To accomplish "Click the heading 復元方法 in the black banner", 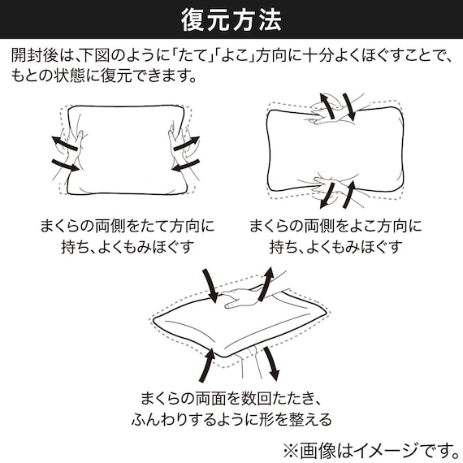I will click(x=231, y=18).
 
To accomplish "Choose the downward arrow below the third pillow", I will click(x=270, y=361).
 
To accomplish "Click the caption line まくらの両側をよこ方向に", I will click(x=334, y=225).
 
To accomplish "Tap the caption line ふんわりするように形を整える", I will click(x=231, y=420).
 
